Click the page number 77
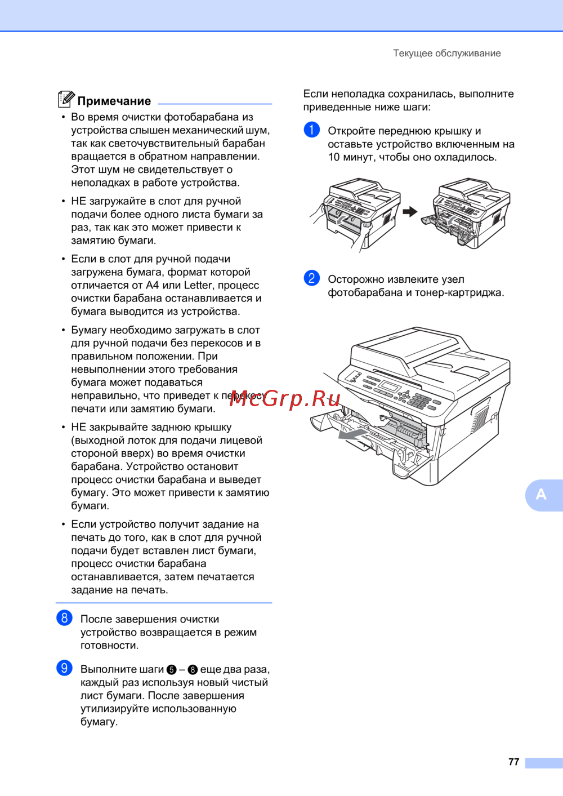tap(513, 762)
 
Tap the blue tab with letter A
tap(544, 495)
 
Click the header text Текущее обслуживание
tap(447, 54)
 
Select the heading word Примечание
tap(114, 101)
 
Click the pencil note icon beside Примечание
tap(66, 99)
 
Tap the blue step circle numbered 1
tap(311, 130)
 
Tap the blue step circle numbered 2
tap(311, 278)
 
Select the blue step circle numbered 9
tap(64, 668)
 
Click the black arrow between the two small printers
tap(410, 212)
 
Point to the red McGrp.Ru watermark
tap(284, 399)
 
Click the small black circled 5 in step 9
tap(172, 670)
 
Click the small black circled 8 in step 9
tap(193, 670)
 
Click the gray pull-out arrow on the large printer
tap(352, 433)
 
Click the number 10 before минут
tap(334, 157)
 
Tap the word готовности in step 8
tap(110, 646)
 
